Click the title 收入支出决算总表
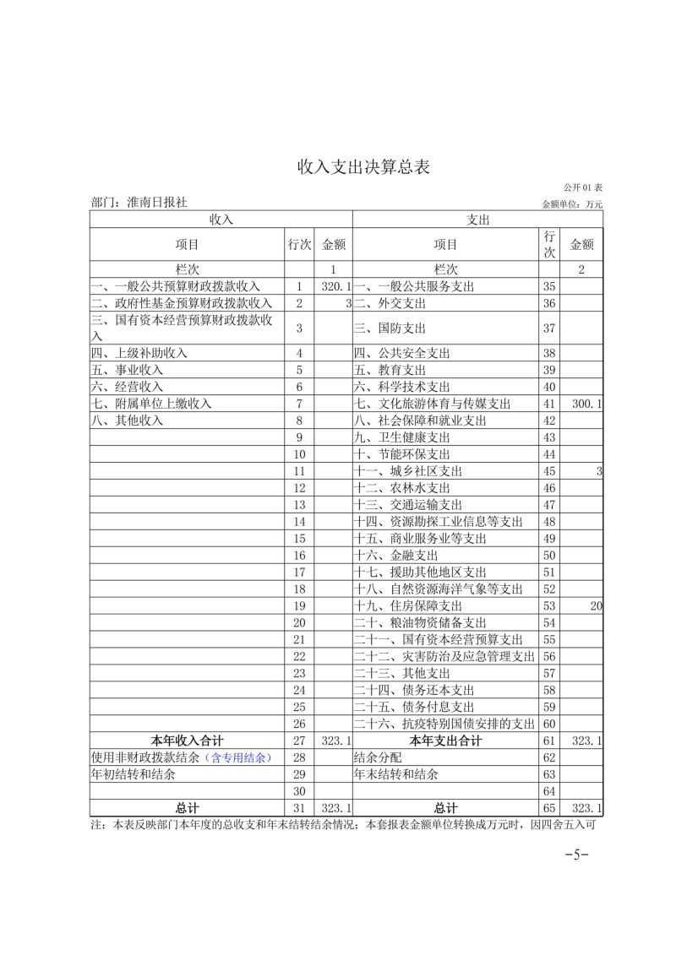pos(363,166)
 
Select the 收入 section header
pos(221,219)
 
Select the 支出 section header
pos(478,219)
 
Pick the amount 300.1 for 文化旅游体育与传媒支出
pos(586,404)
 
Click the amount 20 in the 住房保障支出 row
pos(596,605)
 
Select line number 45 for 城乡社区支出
pos(549,470)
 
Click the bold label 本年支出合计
pos(445,741)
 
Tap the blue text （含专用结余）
pos(239,757)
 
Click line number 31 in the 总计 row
pos(299,808)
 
